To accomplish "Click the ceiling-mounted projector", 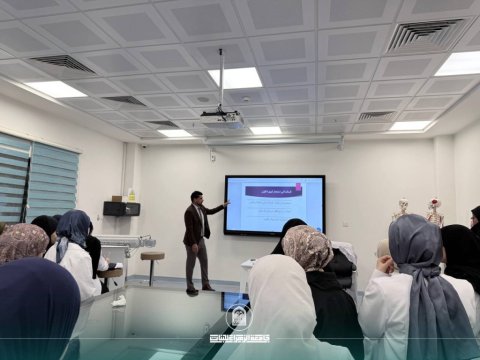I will (222, 116).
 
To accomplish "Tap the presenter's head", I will (196, 197).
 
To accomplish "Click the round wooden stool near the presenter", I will (152, 257).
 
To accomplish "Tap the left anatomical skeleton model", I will (401, 210).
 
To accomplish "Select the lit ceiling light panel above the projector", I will (235, 77).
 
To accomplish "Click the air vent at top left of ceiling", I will (63, 62).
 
